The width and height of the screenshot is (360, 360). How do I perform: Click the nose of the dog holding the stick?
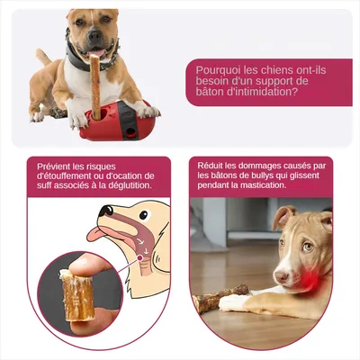point(94,36)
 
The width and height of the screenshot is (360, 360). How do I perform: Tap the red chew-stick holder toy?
point(119,121)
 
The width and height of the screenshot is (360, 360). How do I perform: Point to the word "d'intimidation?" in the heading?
point(263,92)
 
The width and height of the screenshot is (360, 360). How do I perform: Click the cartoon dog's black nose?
point(106,211)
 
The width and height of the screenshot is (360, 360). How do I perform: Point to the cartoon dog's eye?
point(144,214)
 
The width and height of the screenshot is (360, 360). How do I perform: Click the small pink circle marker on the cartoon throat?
point(139,257)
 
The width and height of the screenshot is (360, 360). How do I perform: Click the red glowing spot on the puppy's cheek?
point(307,280)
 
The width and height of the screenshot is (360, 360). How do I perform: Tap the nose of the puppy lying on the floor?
point(282,276)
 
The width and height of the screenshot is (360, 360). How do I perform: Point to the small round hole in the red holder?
point(130,132)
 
